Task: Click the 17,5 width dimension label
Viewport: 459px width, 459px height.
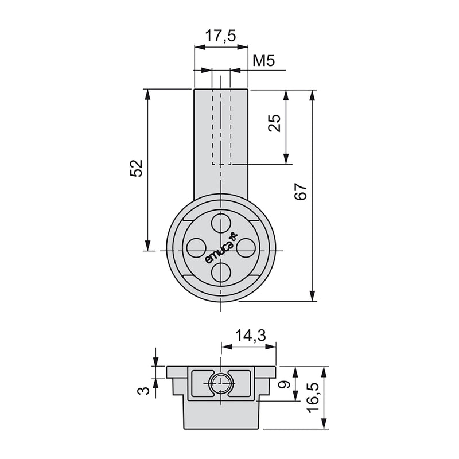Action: coord(221,36)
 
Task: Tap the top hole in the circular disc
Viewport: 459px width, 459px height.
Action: coord(221,222)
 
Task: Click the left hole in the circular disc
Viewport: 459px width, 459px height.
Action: coord(196,247)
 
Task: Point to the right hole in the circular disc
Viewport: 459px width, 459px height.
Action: coord(246,247)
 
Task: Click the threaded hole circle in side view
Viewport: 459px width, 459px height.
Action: coord(220,384)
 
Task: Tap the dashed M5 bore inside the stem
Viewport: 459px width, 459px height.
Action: coord(221,126)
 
